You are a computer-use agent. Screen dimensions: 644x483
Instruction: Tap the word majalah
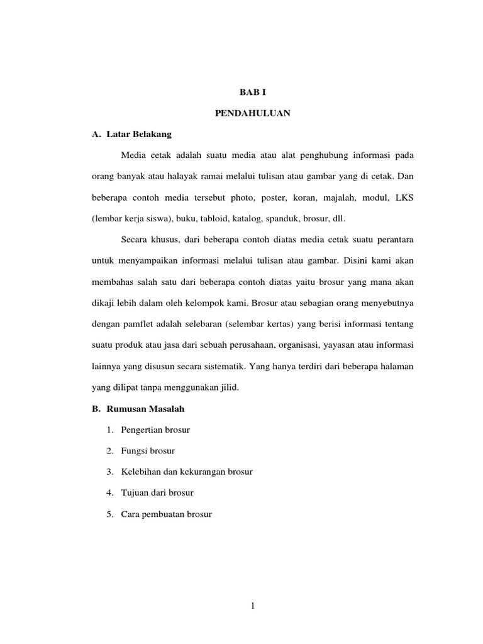tap(343, 198)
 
